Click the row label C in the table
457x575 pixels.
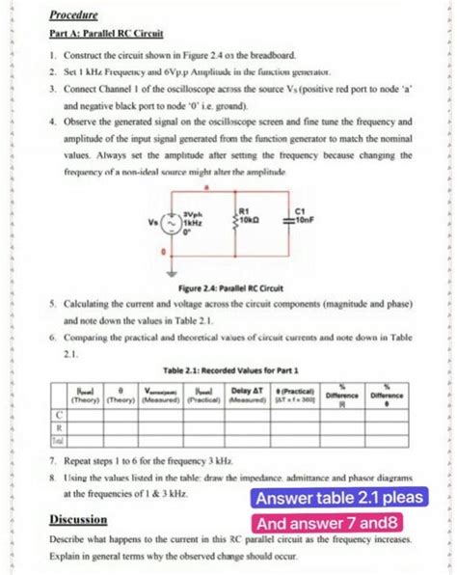[61, 413]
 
